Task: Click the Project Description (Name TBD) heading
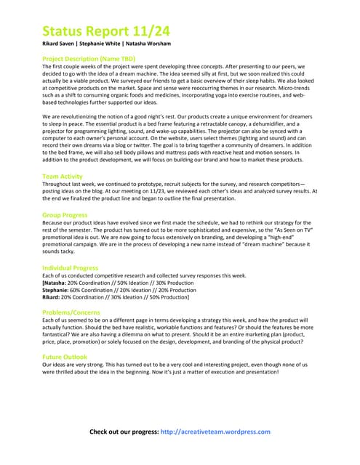(89, 58)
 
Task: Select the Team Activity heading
(63, 177)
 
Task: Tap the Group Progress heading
(65, 215)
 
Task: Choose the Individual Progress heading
(70, 268)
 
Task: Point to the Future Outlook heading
(64, 357)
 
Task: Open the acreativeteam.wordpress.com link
(215, 432)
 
